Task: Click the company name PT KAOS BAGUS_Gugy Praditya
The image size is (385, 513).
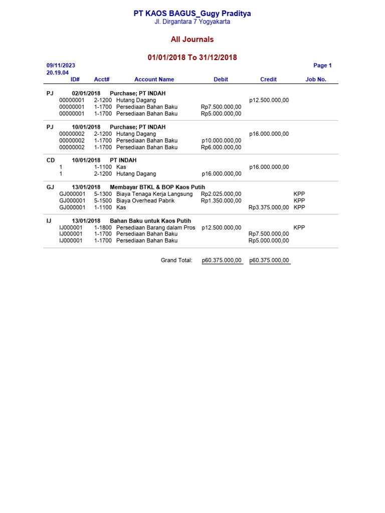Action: click(192, 14)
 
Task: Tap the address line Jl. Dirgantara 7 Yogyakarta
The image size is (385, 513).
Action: click(192, 22)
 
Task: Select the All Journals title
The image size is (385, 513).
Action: click(192, 40)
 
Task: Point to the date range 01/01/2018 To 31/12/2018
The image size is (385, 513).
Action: click(192, 58)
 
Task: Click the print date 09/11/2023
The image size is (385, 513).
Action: click(61, 66)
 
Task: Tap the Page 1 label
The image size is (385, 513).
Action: click(322, 66)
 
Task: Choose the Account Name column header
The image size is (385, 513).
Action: click(154, 79)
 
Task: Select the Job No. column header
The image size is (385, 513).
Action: click(316, 79)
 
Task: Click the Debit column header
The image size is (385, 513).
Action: click(221, 79)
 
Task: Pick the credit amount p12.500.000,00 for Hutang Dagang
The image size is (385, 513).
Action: click(269, 100)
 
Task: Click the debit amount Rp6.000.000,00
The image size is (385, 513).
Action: click(221, 147)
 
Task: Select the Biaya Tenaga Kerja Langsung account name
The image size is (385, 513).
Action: click(154, 194)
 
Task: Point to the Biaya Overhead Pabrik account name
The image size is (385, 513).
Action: click(145, 200)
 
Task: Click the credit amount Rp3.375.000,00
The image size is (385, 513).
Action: click(269, 207)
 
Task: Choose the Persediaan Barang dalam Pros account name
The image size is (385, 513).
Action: click(155, 227)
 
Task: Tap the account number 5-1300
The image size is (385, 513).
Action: click(103, 194)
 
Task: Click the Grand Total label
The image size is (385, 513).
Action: click(176, 261)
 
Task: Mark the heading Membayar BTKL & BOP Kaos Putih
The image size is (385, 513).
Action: click(157, 187)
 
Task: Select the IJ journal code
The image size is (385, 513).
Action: click(49, 220)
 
